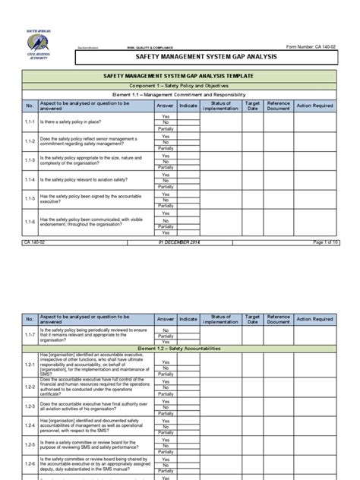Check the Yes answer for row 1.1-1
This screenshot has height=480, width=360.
click(166, 116)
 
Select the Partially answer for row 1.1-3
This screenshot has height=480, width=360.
click(166, 166)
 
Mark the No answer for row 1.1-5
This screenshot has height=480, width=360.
click(166, 200)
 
